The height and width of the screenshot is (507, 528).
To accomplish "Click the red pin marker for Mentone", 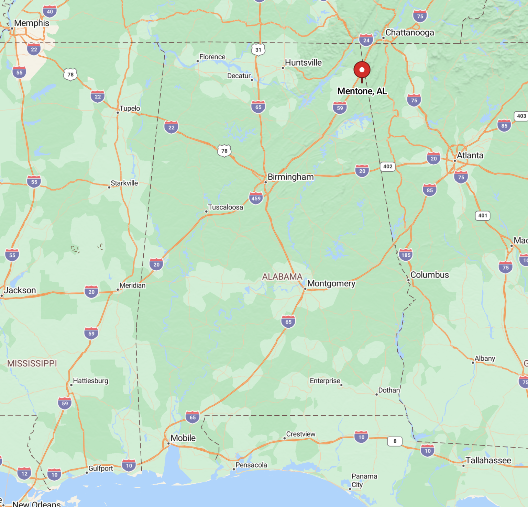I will pyautogui.click(x=362, y=70).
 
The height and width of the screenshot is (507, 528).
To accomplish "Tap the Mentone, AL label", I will pyautogui.click(x=362, y=91).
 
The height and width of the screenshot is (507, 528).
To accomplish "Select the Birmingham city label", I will pyautogui.click(x=290, y=177).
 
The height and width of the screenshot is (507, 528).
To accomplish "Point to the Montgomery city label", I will pyautogui.click(x=331, y=283).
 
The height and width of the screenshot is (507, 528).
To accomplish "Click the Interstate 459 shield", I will pyautogui.click(x=256, y=198).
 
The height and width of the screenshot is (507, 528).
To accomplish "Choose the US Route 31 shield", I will pyautogui.click(x=258, y=50).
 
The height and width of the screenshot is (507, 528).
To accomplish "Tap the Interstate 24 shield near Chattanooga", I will pyautogui.click(x=366, y=40).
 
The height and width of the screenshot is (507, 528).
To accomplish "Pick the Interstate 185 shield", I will pyautogui.click(x=406, y=255).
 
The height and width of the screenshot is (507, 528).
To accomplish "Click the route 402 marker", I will pyautogui.click(x=388, y=167).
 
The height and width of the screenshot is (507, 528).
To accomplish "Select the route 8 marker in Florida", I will pyautogui.click(x=395, y=441).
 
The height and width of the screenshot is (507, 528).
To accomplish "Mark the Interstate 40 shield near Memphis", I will pyautogui.click(x=50, y=11).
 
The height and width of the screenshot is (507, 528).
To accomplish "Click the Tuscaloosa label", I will pyautogui.click(x=225, y=207).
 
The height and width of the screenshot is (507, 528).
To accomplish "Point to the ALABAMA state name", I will pyautogui.click(x=282, y=277).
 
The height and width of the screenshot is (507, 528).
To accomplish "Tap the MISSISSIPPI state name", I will pyautogui.click(x=32, y=363).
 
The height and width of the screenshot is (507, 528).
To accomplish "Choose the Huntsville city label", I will pyautogui.click(x=303, y=63).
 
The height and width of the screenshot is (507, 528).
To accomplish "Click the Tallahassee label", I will pyautogui.click(x=488, y=460).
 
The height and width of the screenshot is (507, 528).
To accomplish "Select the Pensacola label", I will pyautogui.click(x=251, y=465).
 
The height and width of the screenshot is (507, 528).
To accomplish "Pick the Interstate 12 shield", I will pyautogui.click(x=24, y=473).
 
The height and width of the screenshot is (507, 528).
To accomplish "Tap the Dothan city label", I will pyautogui.click(x=389, y=390).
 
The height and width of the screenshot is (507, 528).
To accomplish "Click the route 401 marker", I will pyautogui.click(x=483, y=215).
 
